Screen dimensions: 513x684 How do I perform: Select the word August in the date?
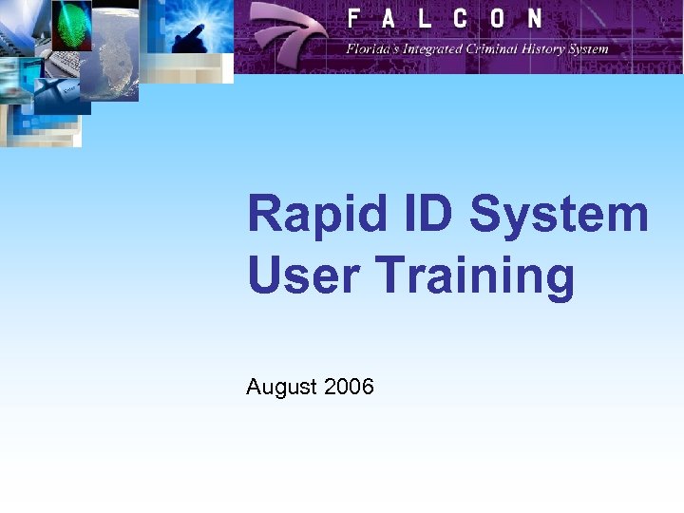(x=281, y=387)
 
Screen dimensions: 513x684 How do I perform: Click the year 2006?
(x=349, y=387)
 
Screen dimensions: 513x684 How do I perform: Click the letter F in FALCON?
(x=353, y=18)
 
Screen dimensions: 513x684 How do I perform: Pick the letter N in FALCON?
(x=534, y=18)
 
